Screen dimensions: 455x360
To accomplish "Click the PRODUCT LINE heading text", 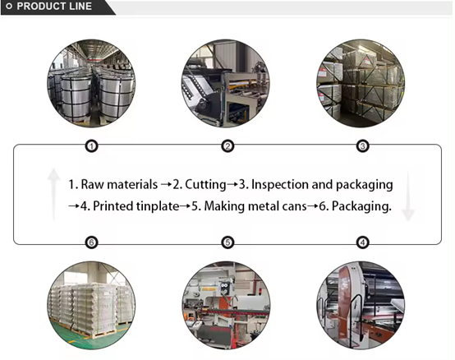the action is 54,6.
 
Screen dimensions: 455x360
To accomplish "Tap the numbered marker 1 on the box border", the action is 91,145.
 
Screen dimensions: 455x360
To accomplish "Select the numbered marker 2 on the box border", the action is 227,145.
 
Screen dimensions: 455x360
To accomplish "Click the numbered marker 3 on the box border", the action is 362,145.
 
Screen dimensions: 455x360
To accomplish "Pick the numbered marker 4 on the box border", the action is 362,242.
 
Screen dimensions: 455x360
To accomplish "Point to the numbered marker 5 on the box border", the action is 227,242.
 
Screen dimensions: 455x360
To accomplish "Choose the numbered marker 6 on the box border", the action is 91,242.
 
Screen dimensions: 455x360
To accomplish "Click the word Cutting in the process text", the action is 205,185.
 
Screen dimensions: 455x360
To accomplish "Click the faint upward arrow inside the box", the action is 53,195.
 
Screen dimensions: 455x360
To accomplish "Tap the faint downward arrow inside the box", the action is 408,196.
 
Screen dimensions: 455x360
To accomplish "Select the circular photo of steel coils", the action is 91,83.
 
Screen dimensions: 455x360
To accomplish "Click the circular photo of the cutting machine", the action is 226,83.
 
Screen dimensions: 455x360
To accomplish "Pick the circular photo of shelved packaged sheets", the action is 361,83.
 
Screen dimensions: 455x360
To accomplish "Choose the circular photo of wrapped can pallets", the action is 91,305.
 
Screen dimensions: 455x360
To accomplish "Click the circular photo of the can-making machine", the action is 226,305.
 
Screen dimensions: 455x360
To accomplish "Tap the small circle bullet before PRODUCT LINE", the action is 9,6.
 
